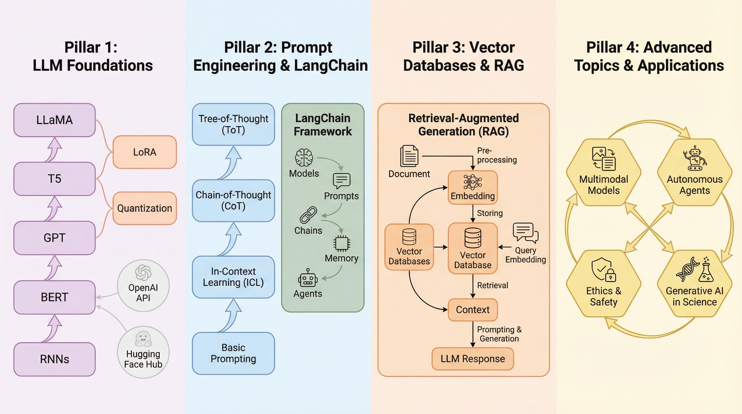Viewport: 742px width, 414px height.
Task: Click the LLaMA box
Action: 54,120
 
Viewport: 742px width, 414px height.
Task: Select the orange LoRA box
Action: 145,152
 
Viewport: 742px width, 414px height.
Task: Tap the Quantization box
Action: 145,208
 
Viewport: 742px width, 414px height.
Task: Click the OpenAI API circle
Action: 143,286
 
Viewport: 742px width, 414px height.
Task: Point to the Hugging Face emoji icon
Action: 143,339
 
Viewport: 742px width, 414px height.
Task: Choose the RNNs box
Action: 54,359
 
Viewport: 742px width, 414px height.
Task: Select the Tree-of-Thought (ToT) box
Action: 233,124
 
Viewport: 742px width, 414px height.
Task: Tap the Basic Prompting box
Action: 233,353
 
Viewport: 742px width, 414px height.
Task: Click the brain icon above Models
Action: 304,158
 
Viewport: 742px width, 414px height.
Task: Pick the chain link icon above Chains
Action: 308,215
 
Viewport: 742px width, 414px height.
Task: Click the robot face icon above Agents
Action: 308,278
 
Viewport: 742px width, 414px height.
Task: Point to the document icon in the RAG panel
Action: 409,156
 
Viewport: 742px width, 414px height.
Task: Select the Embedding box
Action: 473,187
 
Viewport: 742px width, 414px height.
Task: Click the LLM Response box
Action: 473,359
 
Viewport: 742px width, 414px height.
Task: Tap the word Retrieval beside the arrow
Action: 493,285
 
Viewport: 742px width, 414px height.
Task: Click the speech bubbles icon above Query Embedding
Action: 525,232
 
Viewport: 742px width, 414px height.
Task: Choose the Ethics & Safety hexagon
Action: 603,284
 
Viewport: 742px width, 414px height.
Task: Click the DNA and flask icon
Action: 695,270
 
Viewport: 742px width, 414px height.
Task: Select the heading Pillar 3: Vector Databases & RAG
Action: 463,56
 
